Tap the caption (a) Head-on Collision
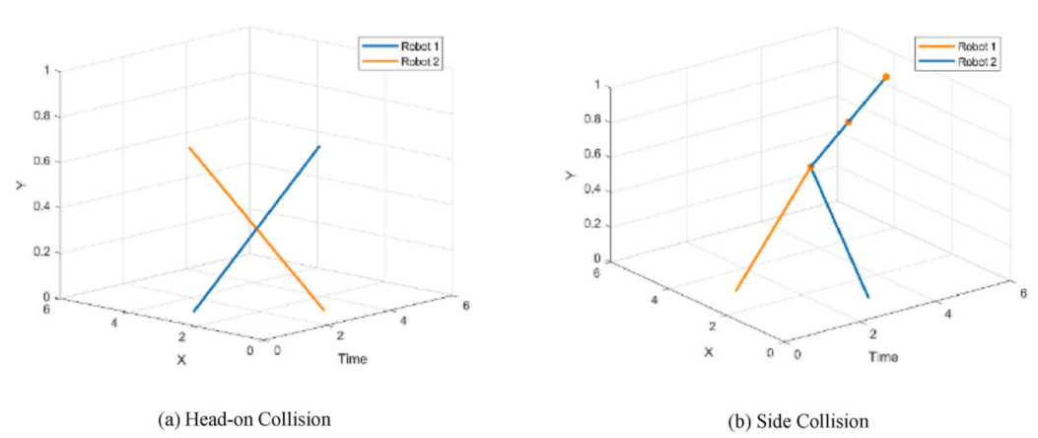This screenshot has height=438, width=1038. (244, 419)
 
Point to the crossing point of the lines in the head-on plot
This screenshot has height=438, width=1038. (256, 229)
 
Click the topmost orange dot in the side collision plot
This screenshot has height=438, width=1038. (886, 77)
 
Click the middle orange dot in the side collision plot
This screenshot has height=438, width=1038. (848, 122)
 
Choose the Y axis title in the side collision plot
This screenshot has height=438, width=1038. (570, 175)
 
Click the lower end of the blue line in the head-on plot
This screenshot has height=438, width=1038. (194, 311)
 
